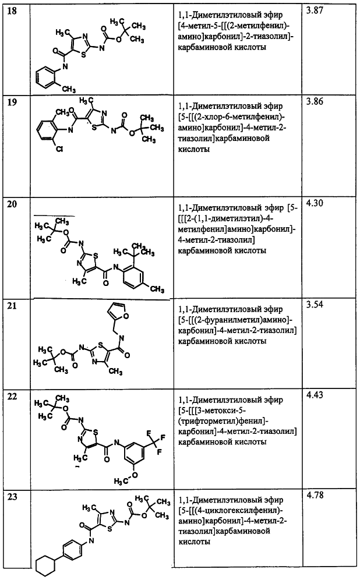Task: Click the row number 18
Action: click(x=12, y=10)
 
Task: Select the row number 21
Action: click(x=12, y=306)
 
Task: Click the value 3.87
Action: click(x=315, y=10)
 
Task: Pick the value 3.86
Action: click(x=315, y=101)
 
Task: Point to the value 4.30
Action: click(x=315, y=203)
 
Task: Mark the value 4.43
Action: click(x=315, y=395)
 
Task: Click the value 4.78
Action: click(x=315, y=495)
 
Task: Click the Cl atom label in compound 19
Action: click(x=59, y=150)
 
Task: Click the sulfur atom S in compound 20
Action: click(x=96, y=254)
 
